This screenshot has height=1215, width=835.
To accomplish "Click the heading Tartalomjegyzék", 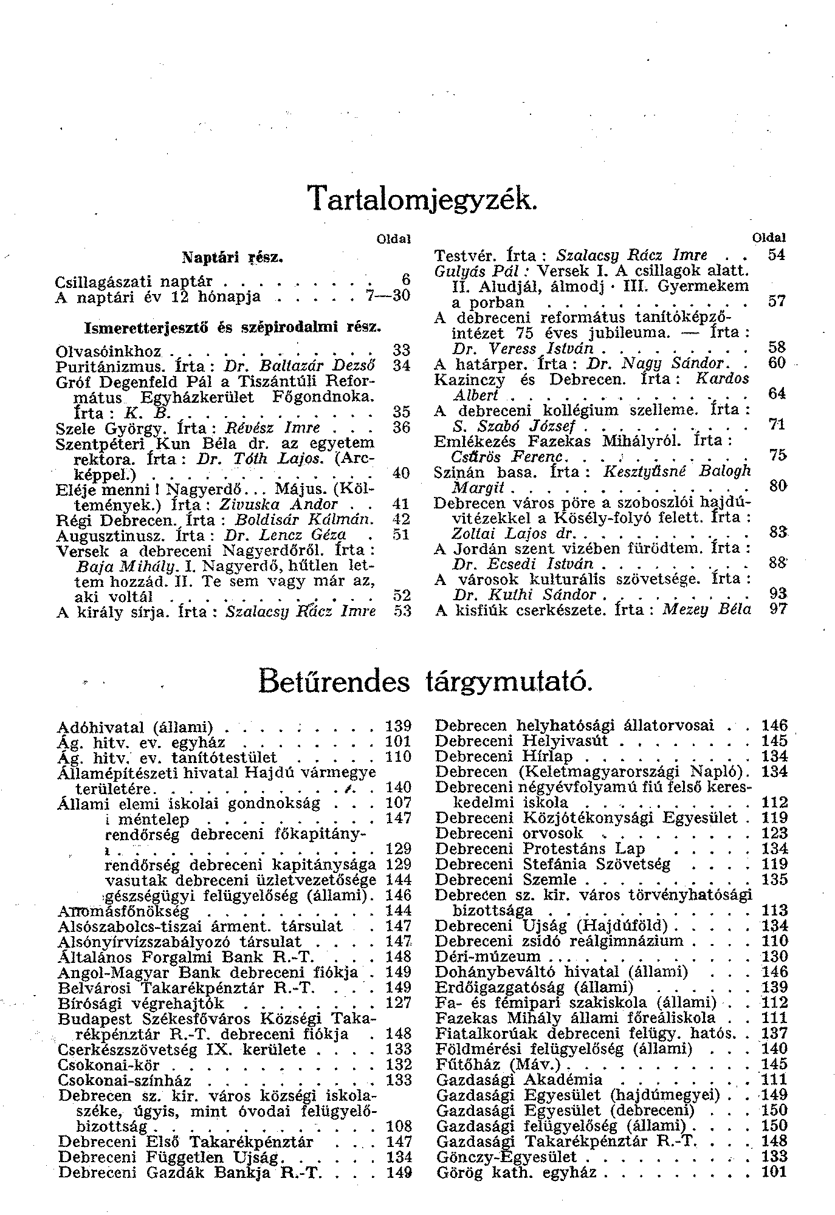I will [422, 199].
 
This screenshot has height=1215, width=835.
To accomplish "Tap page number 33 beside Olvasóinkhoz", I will [402, 351].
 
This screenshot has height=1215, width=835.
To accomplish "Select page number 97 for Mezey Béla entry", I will [777, 609].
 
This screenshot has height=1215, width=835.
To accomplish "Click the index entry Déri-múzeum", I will [488, 956].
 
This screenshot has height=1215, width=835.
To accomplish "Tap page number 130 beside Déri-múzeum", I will [774, 956].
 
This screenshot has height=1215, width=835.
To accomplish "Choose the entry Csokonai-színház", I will [125, 1081].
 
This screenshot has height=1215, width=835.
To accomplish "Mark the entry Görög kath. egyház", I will [516, 1172].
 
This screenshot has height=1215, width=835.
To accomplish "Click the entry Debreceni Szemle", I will [506, 880].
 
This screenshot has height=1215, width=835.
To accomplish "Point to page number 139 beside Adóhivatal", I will [399, 726].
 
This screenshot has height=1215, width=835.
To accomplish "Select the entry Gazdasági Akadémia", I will [519, 1080].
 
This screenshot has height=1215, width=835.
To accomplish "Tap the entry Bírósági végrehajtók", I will [141, 1003].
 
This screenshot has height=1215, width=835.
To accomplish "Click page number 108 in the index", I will [399, 1126].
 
